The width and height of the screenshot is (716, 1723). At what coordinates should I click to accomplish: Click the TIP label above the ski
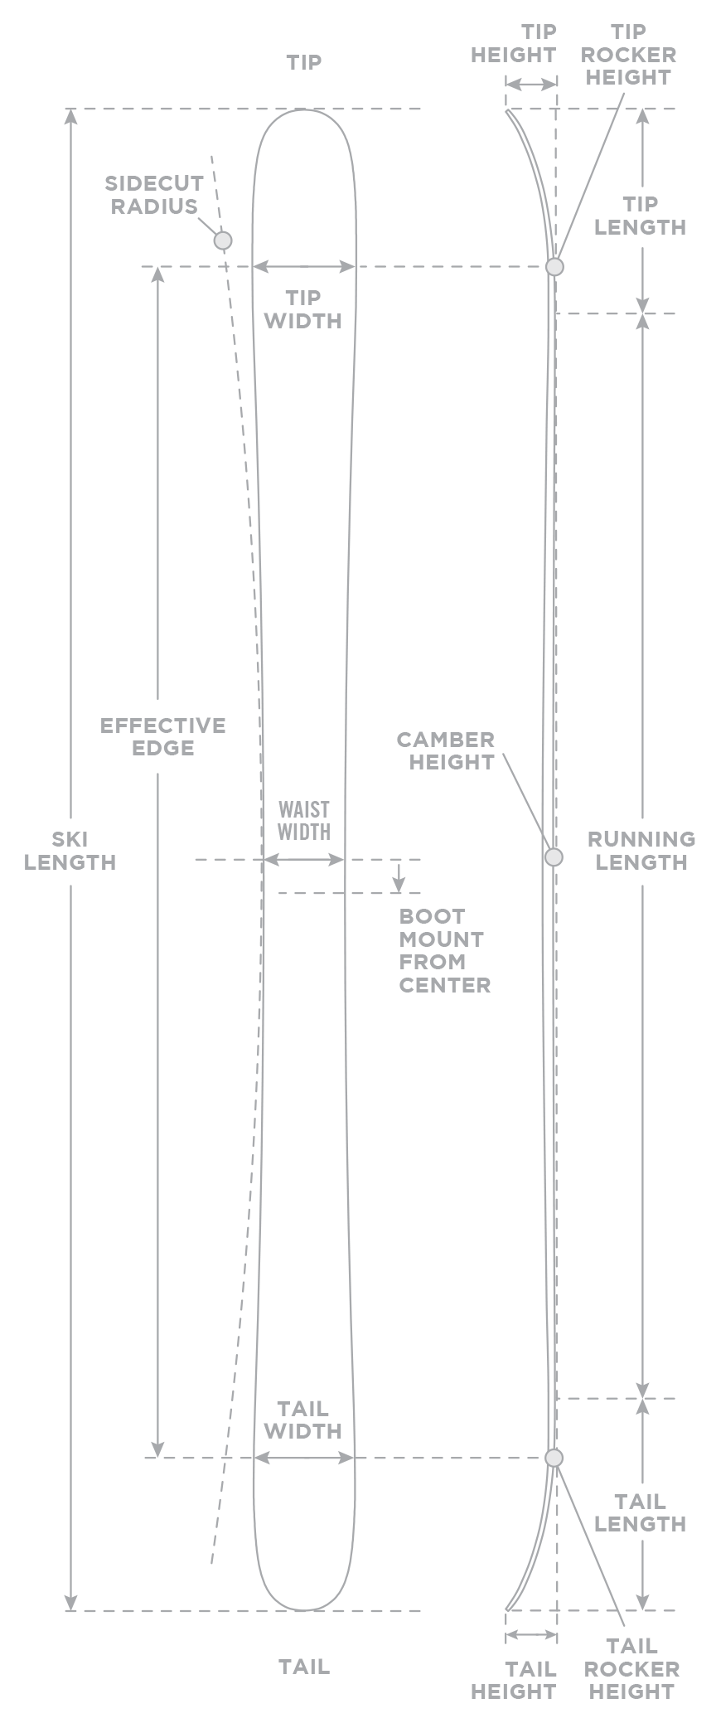point(303,63)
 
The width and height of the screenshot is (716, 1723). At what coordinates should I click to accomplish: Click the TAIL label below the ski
point(303,1666)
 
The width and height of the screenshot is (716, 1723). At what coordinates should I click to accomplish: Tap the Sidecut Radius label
point(154,195)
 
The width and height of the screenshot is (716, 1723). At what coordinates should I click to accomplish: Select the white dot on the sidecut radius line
point(222,240)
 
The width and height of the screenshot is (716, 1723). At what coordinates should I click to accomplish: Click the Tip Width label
point(302,309)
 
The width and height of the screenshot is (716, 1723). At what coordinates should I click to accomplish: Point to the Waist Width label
point(303,820)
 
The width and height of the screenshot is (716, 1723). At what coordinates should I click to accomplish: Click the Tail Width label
point(302,1420)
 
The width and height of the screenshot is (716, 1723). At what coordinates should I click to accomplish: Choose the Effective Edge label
point(162,736)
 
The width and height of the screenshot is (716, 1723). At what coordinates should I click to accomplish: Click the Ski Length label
point(70,851)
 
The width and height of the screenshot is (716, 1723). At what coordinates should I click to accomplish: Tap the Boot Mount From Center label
point(444,950)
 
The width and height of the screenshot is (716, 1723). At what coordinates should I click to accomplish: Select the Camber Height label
point(446,750)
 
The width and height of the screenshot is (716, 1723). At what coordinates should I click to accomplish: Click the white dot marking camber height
point(554,857)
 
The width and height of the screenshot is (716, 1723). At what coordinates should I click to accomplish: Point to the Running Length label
point(641,851)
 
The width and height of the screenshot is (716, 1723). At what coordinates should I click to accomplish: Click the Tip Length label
point(640,216)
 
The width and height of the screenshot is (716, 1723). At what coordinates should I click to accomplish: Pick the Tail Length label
point(640,1512)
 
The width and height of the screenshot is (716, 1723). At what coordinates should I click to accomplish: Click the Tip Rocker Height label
point(627,55)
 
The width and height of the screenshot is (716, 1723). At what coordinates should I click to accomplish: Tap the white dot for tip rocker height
point(554,267)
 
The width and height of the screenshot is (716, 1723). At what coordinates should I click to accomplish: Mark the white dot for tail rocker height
point(554,1457)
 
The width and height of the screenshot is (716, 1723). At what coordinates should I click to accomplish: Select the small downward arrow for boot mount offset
point(399,879)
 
